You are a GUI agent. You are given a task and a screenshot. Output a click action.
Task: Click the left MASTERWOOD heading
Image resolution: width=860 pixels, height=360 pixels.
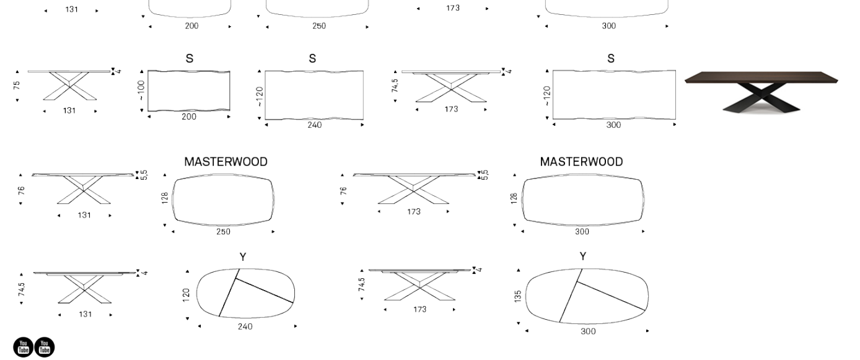point(226,162)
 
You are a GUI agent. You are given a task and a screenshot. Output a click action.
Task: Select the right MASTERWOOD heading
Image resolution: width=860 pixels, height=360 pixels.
point(581,162)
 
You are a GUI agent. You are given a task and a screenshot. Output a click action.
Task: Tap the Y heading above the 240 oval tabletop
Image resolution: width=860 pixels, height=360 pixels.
point(243,257)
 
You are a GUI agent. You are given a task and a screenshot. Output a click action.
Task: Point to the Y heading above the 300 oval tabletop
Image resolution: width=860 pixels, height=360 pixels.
point(583,256)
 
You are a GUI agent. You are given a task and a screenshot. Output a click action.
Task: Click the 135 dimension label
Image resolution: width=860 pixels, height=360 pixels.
point(517,296)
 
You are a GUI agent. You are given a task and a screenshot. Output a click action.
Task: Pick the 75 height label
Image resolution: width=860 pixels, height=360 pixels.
point(17,86)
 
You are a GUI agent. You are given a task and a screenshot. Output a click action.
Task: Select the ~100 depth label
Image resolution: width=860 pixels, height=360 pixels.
point(141,90)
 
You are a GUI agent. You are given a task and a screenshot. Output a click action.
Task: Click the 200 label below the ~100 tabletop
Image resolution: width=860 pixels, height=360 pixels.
point(189,116)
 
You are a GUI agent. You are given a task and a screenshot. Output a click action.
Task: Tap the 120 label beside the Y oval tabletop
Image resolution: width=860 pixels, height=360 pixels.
point(186,295)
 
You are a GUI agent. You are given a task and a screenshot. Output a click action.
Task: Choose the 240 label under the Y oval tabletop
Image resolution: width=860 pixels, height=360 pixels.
point(245,327)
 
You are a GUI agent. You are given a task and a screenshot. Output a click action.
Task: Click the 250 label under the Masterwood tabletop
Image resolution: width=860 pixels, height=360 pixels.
point(223,232)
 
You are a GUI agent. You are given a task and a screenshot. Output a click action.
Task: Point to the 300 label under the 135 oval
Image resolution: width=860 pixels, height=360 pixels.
point(588,331)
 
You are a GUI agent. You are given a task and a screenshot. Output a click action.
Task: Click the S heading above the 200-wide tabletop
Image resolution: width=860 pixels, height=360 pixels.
point(189,59)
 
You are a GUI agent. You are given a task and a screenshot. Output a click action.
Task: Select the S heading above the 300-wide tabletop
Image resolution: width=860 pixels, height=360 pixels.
point(611,59)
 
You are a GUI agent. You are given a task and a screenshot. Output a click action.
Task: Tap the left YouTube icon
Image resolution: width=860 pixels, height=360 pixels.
point(23,347)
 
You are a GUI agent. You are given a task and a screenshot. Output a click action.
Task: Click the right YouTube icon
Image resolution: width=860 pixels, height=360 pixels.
point(45,347)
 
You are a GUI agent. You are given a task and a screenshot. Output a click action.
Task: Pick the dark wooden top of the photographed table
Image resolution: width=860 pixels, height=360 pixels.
point(761,77)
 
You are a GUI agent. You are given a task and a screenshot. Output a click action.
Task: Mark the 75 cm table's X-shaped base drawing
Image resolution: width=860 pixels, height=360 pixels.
point(69,86)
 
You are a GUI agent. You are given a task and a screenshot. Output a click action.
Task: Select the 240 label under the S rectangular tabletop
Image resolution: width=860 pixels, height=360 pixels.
point(314,125)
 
